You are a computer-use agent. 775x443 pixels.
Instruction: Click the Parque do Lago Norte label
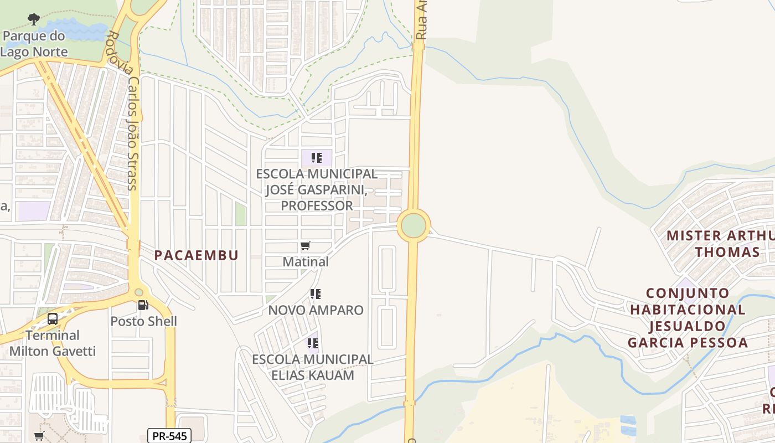point(34,44)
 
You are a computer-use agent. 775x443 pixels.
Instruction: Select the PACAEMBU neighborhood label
point(196,255)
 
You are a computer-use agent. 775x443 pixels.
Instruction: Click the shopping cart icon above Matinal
point(306,245)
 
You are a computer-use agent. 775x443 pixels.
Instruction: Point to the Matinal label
point(306,261)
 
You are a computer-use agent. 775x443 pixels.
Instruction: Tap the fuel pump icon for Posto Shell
point(143,305)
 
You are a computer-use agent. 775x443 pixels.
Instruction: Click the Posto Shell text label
point(143,321)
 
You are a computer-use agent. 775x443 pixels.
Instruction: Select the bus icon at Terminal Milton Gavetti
point(53,319)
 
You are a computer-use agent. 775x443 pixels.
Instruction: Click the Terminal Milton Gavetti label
point(53,343)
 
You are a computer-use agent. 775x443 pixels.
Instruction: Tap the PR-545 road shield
point(169,436)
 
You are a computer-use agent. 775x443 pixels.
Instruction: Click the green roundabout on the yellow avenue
point(414,225)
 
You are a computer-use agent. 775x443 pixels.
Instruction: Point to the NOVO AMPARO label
point(316,310)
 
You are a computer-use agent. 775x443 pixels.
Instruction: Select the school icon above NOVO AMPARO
point(316,294)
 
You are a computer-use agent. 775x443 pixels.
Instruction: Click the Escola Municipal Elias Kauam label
point(313,367)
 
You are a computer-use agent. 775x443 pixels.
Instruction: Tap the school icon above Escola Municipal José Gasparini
point(317,158)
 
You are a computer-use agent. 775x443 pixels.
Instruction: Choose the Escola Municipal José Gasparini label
point(317,190)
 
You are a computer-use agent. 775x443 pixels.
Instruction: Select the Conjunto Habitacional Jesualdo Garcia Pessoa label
point(687,317)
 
